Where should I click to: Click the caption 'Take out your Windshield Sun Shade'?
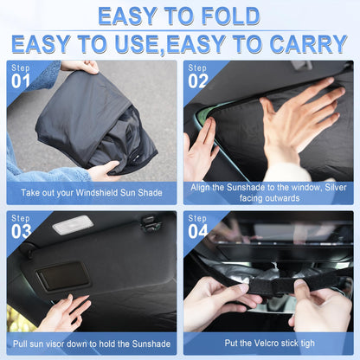coord(91,193)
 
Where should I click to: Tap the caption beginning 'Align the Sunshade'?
coord(268,193)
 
